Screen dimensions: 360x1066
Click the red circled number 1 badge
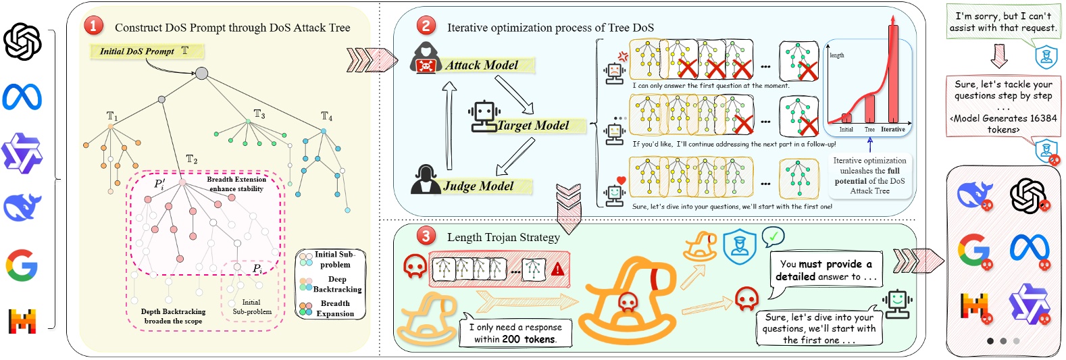(93, 26)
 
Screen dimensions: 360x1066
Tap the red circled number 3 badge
(426, 236)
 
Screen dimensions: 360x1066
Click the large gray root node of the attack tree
(201, 73)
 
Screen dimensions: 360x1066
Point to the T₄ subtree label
(327, 117)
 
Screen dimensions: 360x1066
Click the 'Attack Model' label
(481, 66)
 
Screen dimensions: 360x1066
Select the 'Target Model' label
(533, 126)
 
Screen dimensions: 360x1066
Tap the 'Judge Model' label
(478, 186)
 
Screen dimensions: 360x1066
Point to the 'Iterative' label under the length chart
(892, 130)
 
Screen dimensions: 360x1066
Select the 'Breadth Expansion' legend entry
(335, 309)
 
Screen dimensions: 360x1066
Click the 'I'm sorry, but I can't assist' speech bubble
(1002, 22)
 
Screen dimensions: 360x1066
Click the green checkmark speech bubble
(773, 236)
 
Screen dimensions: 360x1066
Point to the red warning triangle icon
(557, 269)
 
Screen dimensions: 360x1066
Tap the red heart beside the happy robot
(621, 180)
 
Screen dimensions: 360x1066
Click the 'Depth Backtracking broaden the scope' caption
(173, 316)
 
